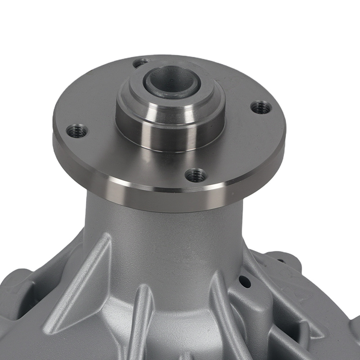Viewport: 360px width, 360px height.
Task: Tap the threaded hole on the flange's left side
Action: click(77, 131)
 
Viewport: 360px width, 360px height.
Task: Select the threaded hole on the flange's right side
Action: click(261, 107)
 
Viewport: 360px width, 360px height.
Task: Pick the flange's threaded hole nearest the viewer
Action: click(196, 175)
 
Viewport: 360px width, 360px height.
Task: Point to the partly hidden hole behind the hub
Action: click(140, 63)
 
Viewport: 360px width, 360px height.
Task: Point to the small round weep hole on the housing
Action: click(245, 282)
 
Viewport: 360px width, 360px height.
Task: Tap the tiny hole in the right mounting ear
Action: click(280, 260)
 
